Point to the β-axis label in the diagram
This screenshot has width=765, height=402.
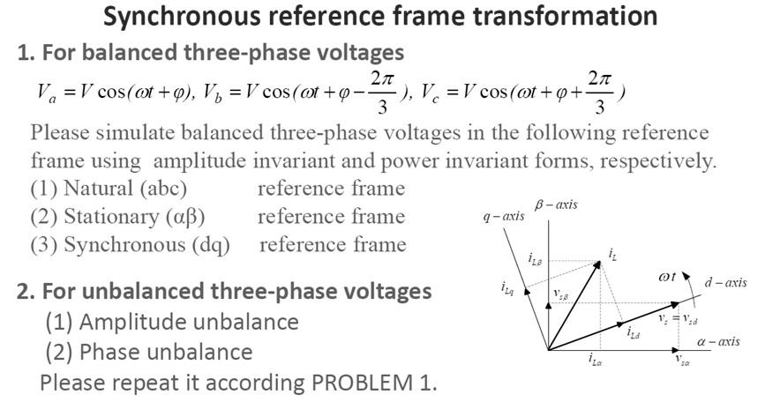click(556, 205)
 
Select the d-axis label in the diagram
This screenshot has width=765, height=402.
click(724, 282)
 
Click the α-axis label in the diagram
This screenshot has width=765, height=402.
click(718, 341)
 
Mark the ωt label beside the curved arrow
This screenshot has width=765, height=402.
click(668, 277)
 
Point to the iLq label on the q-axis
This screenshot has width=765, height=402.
click(506, 287)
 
